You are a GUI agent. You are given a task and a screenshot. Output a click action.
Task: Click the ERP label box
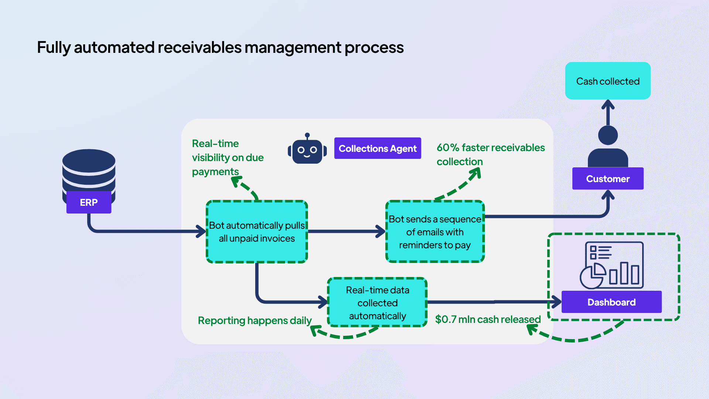point(89,202)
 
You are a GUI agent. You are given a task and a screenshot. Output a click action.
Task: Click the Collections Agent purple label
point(377,149)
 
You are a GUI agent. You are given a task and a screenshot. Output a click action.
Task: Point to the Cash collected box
point(608,81)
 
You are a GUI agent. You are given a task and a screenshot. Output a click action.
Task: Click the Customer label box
point(608,179)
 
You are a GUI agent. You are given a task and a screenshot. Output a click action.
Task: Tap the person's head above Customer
point(608,135)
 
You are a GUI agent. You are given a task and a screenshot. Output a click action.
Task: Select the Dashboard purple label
point(612,302)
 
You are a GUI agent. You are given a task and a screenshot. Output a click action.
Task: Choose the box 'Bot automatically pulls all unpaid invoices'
point(257,232)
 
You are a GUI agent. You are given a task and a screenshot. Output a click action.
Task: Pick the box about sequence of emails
point(435,232)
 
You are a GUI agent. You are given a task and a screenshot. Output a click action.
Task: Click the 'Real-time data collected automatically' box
point(377,303)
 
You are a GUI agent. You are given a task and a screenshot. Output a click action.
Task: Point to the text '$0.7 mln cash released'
point(487,319)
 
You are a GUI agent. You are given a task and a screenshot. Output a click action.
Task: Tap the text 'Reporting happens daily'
point(255,320)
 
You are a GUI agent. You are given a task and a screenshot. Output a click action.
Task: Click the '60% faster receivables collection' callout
point(490,154)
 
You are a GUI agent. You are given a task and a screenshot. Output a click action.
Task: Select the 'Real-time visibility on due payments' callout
point(227,157)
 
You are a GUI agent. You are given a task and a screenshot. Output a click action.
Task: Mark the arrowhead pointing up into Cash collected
point(608,105)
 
